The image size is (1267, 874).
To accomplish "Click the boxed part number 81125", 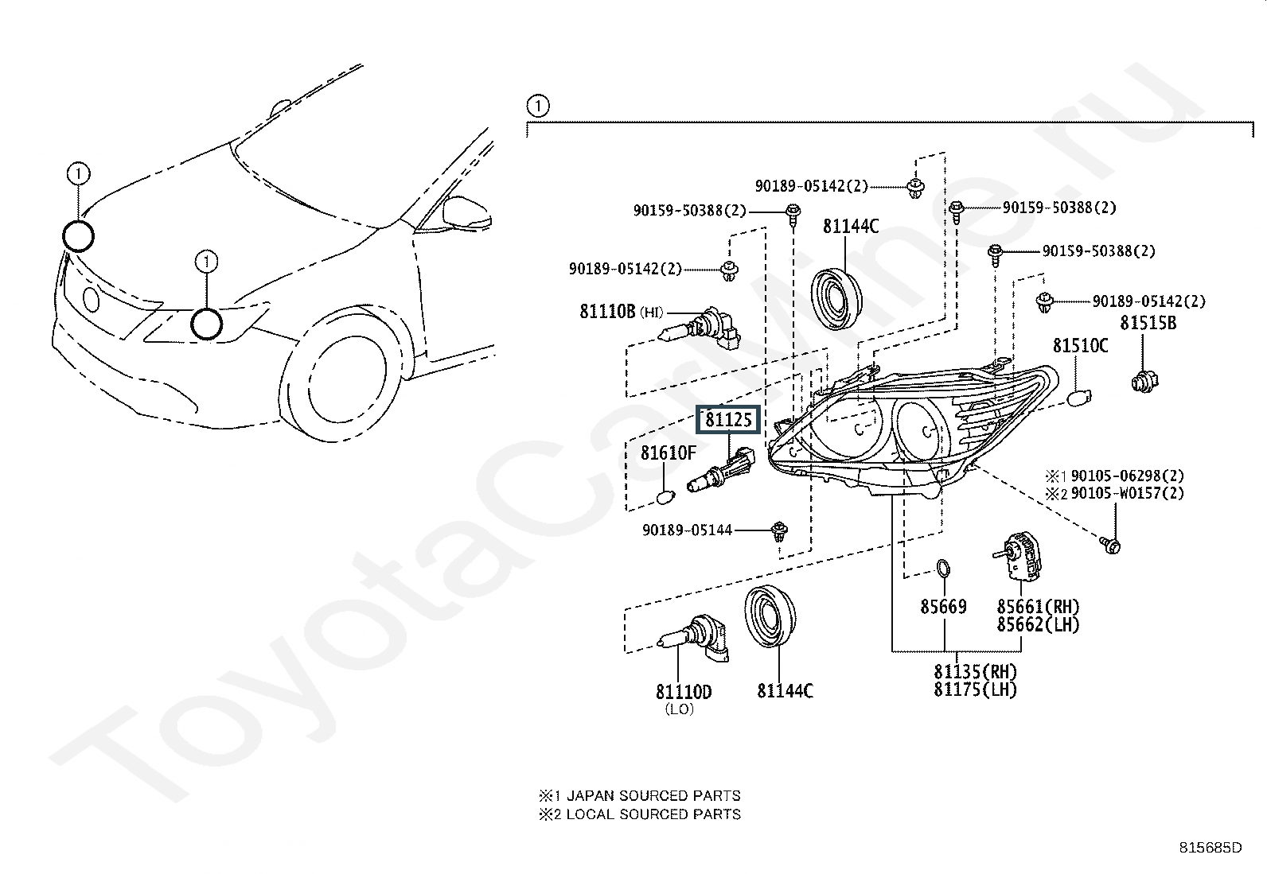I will [x=728, y=419].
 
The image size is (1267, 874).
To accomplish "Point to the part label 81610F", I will [x=669, y=453].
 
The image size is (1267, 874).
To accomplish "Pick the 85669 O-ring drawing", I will [x=942, y=569].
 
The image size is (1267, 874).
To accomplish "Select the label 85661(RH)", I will [x=1038, y=607].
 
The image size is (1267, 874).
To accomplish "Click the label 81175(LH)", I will [x=975, y=689].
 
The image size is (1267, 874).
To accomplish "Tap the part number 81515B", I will [x=1148, y=323].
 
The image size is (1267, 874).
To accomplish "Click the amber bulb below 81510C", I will [x=1078, y=397].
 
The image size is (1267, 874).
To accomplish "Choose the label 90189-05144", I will [x=687, y=530].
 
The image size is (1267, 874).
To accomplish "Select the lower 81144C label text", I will [x=785, y=691].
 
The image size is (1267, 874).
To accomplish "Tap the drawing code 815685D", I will [x=1210, y=848].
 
